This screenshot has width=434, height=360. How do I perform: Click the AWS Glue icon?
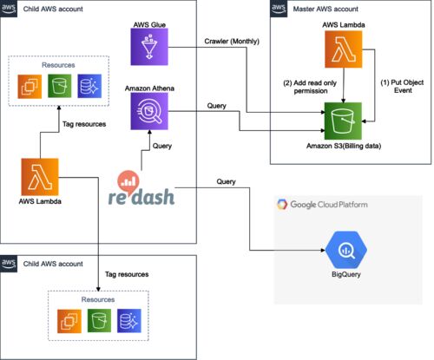pos(149,47)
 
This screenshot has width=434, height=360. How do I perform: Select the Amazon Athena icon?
pos(149,111)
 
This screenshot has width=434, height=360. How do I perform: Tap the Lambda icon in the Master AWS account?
pos(344,49)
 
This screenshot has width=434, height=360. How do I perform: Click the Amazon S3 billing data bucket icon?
pos(343,121)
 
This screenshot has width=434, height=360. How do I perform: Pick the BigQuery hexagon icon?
pos(346,250)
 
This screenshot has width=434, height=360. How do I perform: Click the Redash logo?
pos(141,188)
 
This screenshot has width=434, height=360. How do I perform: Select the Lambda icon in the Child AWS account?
pos(40,177)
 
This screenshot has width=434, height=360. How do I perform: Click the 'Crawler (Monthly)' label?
pos(232,42)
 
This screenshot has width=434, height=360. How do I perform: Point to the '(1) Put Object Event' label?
pos(402,86)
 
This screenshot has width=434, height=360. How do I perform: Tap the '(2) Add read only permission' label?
pos(310,87)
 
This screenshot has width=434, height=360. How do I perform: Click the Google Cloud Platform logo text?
pos(329,205)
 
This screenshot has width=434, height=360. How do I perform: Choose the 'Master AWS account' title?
pos(325,9)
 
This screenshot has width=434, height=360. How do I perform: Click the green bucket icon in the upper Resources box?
pos(60,86)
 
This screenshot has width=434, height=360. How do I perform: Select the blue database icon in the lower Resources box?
pos(129,321)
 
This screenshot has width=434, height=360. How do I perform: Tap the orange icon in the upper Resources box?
pos(30,86)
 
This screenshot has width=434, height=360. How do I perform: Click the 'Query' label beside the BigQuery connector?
pos(226,181)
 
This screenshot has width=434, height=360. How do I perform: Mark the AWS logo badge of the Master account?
pos(279,9)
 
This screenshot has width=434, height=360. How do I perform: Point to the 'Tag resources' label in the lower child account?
pos(127,274)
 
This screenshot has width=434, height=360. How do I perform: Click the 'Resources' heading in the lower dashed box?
pos(98,299)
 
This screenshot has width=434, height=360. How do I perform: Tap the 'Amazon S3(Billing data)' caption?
pos(344,146)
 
